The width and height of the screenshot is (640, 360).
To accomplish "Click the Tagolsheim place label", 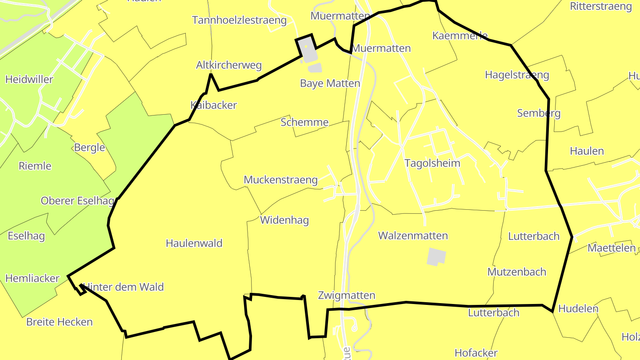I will [432, 163].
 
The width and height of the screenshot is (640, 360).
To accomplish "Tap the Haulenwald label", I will [194, 243].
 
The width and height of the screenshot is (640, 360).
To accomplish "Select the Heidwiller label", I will [29, 80].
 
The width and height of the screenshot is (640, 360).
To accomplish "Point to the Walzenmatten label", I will [413, 236].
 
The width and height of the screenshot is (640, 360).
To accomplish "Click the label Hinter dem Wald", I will [124, 287].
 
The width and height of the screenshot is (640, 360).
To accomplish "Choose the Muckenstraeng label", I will [280, 180].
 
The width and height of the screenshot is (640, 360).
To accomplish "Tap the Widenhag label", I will [284, 220].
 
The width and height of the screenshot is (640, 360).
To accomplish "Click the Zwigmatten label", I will [347, 296].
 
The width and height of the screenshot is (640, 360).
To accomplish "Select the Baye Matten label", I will [330, 84].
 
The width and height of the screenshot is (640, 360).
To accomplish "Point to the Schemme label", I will [304, 122].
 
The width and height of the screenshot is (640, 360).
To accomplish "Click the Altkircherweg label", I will [229, 65].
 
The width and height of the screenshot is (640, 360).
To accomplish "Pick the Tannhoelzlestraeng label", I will [239, 20].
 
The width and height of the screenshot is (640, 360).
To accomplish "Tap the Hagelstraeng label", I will [517, 75].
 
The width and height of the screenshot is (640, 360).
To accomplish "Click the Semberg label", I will [539, 113].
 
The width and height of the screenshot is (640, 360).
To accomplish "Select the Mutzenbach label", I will [516, 272].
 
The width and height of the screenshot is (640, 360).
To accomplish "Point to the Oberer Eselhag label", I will [77, 200].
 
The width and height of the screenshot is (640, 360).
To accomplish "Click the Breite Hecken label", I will [60, 322].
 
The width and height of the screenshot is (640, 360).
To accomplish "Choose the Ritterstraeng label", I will [600, 6].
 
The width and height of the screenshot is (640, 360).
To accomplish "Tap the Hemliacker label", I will [32, 278].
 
